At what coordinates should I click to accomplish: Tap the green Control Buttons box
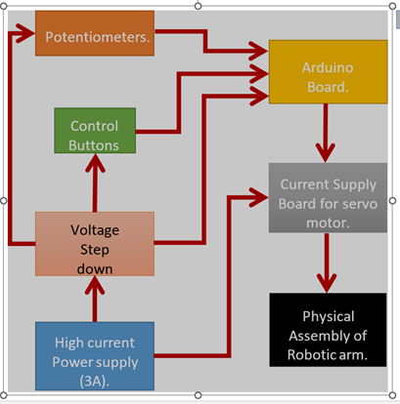click(x=94, y=135)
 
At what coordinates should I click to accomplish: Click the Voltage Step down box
click(x=94, y=244)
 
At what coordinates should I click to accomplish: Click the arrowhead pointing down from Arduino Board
click(x=325, y=150)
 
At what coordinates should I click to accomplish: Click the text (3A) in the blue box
click(x=96, y=380)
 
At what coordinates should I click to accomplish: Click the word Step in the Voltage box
click(x=95, y=248)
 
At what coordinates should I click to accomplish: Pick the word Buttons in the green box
click(x=94, y=145)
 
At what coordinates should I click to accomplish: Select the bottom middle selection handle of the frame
click(x=200, y=395)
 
